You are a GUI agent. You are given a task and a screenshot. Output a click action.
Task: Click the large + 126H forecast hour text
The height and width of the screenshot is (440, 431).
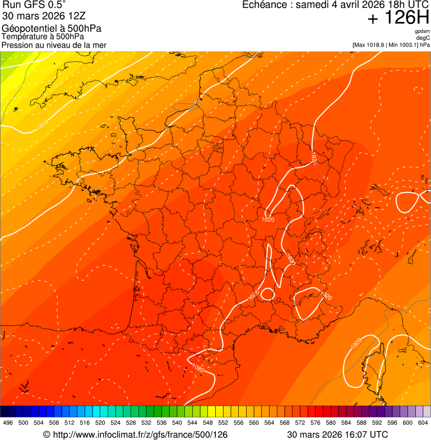398,18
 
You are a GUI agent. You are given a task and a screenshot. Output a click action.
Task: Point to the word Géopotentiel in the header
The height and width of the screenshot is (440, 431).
27,29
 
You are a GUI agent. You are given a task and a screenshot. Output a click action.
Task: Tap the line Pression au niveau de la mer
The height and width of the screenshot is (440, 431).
54,45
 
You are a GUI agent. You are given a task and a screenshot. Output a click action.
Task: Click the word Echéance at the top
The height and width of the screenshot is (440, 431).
266,5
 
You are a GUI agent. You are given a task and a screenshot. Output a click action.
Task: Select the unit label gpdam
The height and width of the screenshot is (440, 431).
422,31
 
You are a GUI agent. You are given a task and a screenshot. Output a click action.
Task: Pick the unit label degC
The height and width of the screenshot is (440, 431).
423,38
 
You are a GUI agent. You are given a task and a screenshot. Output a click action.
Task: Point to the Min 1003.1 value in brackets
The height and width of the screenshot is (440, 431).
404,44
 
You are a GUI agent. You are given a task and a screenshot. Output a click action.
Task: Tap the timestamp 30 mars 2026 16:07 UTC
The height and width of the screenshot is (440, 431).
337,434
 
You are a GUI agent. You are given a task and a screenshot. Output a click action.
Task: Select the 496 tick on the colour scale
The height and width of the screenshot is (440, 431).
8,423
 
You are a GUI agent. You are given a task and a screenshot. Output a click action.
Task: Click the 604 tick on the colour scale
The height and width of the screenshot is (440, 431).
423,423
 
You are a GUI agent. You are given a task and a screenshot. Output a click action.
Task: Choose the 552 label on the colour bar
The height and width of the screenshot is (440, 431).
223,423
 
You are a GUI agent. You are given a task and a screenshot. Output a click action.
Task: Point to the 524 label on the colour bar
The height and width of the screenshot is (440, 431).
115,423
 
